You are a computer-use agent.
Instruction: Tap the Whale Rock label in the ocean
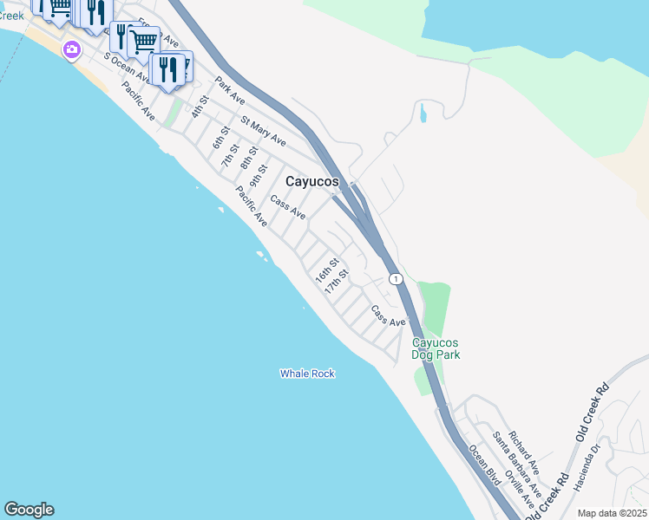click(x=307, y=374)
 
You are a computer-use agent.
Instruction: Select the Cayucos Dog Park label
click(x=436, y=348)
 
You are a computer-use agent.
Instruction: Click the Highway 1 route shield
click(x=396, y=278)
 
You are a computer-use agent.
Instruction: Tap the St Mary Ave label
click(x=264, y=131)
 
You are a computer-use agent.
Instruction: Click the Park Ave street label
click(x=231, y=95)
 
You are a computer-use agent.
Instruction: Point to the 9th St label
click(x=258, y=176)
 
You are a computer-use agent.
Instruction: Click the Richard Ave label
click(x=524, y=445)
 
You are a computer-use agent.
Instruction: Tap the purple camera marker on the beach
click(x=70, y=50)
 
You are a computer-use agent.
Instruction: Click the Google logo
click(x=29, y=510)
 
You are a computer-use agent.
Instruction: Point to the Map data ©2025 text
click(x=612, y=513)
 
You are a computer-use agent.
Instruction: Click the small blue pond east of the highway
click(x=422, y=114)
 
